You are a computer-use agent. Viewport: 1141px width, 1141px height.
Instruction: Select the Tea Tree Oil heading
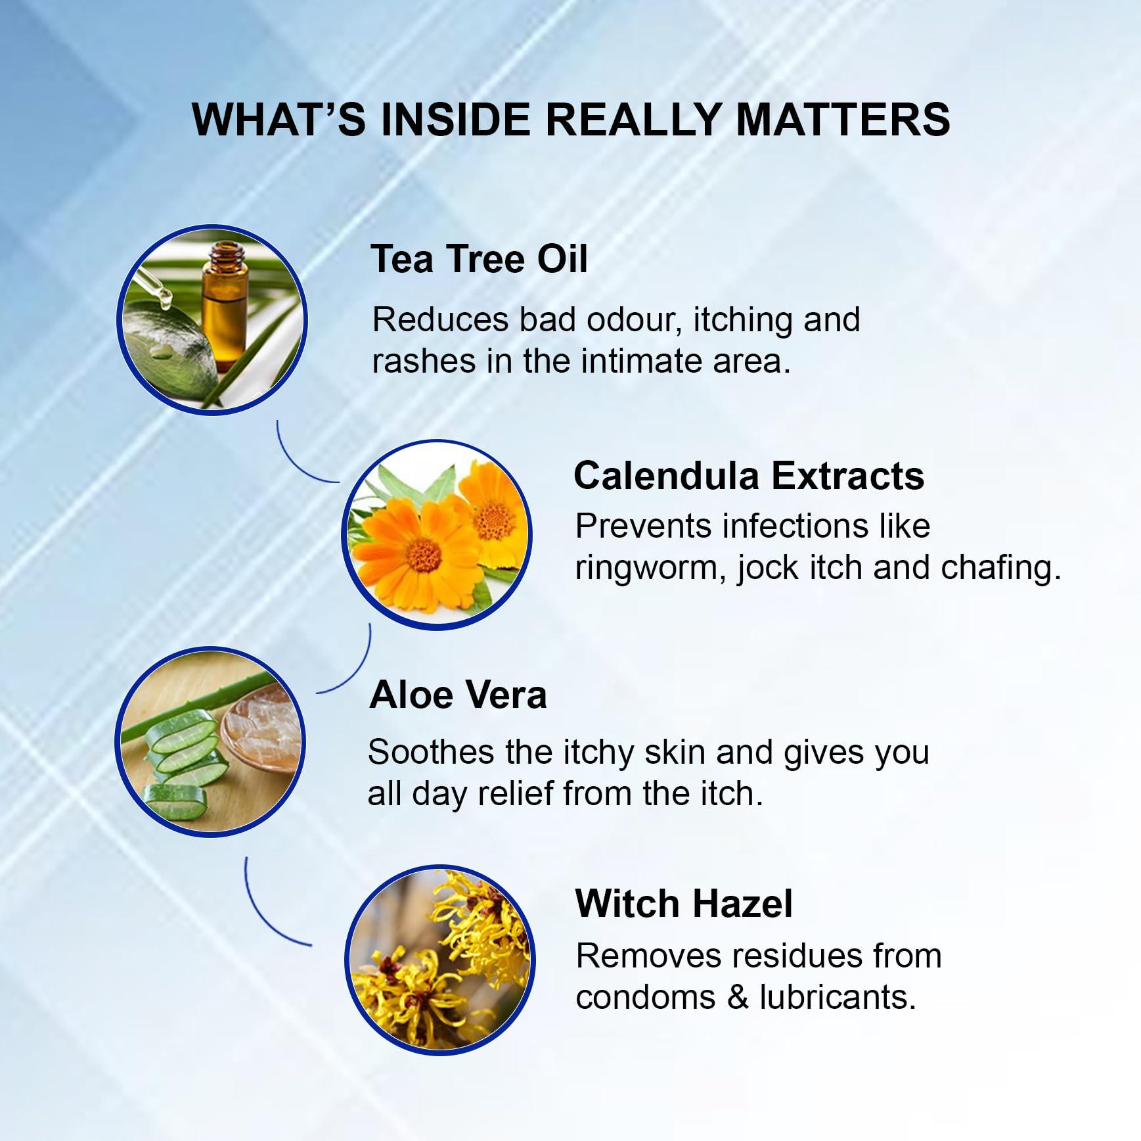point(479,259)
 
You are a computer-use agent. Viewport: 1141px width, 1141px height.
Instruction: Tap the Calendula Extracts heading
point(749,476)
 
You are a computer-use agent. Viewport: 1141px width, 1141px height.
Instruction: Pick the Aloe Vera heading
point(458,695)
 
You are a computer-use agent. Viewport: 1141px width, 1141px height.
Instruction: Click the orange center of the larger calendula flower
point(424,555)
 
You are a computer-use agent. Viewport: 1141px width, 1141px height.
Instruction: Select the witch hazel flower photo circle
point(439,960)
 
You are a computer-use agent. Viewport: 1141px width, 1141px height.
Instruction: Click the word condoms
point(646,998)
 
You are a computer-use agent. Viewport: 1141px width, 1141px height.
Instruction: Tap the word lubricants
point(838,998)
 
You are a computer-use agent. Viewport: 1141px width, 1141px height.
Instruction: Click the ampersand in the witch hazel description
point(738,998)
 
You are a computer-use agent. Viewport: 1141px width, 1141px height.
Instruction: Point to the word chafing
point(1000,569)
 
